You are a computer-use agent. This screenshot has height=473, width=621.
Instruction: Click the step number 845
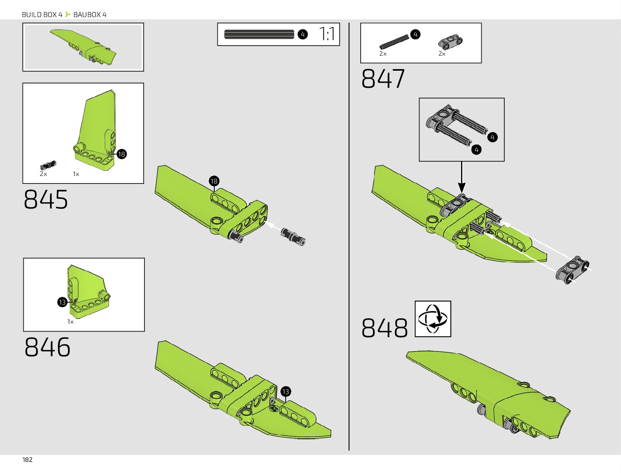46,199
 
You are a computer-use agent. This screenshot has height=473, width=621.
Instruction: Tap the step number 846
47,347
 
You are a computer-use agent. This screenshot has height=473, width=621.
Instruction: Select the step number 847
383,79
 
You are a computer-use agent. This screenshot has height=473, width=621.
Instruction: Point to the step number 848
384,328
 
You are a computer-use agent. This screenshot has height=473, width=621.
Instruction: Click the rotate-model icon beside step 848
433,319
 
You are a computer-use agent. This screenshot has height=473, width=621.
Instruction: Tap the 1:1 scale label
327,34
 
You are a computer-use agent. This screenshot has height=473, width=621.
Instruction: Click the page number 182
27,459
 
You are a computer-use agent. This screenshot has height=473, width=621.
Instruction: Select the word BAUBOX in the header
87,15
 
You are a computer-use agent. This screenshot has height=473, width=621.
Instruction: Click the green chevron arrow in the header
68,15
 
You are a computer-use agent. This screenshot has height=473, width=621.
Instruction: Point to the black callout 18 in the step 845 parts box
121,154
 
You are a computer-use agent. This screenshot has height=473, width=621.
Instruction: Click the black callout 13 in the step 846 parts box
62,303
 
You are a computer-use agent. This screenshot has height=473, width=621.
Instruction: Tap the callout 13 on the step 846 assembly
286,392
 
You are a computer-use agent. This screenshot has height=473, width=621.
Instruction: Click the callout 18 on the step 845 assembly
214,181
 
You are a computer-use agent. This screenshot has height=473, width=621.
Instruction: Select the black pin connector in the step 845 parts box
48,165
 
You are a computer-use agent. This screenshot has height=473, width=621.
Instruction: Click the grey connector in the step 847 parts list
450,41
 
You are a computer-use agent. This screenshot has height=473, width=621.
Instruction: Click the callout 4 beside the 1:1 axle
302,35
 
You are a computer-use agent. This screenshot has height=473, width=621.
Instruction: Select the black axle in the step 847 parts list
394,41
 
